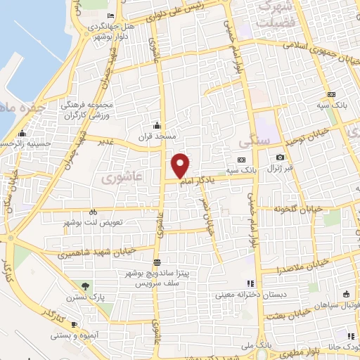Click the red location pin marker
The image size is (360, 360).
coord(181,165)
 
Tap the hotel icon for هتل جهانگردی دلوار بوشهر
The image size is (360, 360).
coord(111,16)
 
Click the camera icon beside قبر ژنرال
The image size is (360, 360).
coord(280,157)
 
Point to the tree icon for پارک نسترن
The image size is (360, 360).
coord(86,285)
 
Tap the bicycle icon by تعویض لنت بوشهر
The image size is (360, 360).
coord(92,211)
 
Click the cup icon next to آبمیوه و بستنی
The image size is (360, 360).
coord(74,323)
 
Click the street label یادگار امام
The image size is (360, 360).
coord(198,181)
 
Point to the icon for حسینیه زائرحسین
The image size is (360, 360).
coord(22,133)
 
